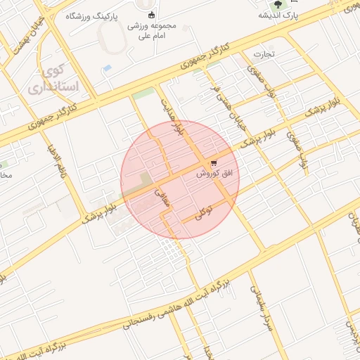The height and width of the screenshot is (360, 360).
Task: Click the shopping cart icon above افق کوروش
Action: tap(214, 163)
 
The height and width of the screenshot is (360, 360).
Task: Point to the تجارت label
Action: tap(263, 54)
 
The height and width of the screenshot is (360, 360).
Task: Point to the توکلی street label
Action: tap(203, 215)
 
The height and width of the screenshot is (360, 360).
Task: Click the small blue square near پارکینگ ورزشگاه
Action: tap(107, 68)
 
